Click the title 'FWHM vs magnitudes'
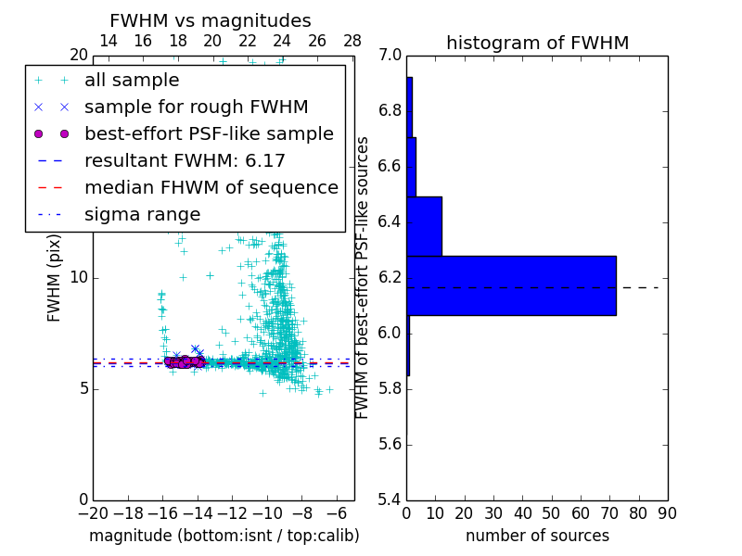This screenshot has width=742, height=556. pyautogui.click(x=211, y=20)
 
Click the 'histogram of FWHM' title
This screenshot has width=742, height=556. pyautogui.click(x=537, y=43)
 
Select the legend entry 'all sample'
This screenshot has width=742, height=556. pyautogui.click(x=132, y=81)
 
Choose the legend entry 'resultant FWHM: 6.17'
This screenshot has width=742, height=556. pyautogui.click(x=185, y=161)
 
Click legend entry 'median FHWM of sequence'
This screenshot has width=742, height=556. pyautogui.click(x=211, y=188)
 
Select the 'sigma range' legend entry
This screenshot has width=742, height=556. pyautogui.click(x=142, y=215)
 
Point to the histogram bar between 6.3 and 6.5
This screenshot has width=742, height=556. pyautogui.click(x=424, y=226)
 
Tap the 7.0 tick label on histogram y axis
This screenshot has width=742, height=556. pyautogui.click(x=390, y=56)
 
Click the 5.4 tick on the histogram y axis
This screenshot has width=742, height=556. pyautogui.click(x=390, y=499)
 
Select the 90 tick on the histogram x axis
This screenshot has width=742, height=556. pyautogui.click(x=667, y=513)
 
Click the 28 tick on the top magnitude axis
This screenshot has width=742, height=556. pyautogui.click(x=352, y=42)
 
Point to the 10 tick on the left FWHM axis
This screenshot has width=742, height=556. pyautogui.click(x=78, y=277)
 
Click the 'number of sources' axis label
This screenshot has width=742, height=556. pyautogui.click(x=537, y=536)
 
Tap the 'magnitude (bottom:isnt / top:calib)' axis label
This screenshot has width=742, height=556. pyautogui.click(x=224, y=536)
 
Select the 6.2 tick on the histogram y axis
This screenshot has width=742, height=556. pyautogui.click(x=390, y=278)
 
